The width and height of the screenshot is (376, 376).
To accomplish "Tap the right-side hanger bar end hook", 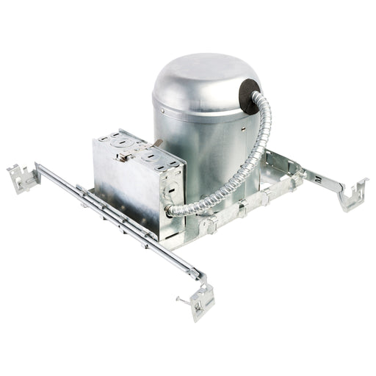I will click(x=352, y=195).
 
